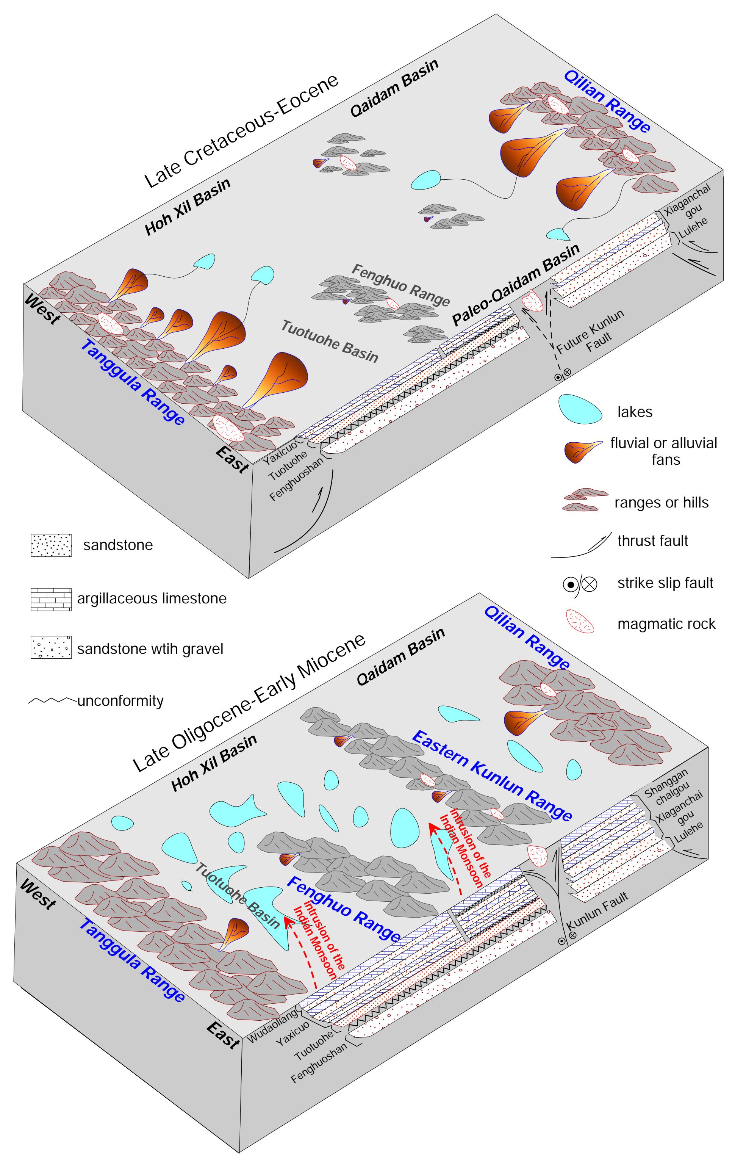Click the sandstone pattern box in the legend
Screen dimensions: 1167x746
[x=51, y=545]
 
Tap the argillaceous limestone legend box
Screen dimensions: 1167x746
[x=51, y=599]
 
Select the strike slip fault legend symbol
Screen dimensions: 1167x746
[x=579, y=584]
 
